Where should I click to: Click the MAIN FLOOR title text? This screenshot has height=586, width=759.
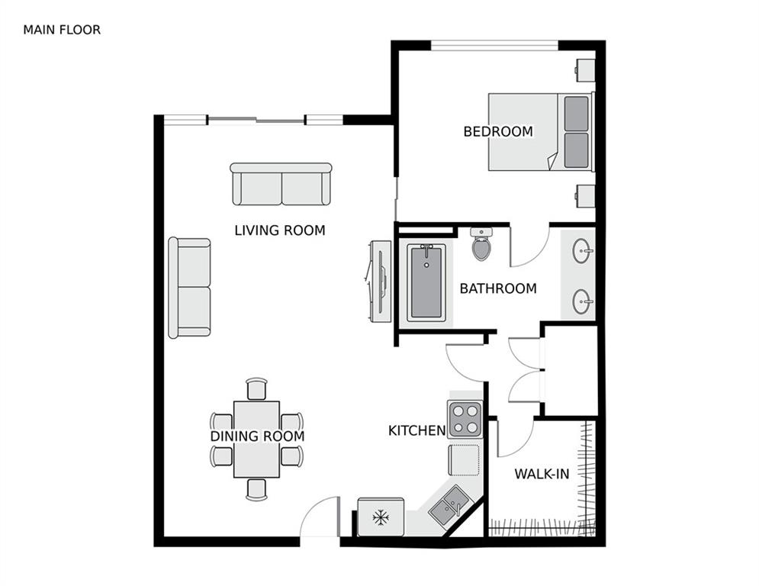(x=62, y=30)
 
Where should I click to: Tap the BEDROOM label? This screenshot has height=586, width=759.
(x=498, y=131)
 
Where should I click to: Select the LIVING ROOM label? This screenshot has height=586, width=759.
(x=279, y=230)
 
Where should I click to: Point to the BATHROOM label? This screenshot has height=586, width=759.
(x=497, y=288)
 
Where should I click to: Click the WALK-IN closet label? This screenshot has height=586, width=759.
(x=542, y=474)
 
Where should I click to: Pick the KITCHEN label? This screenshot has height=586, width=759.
(x=416, y=430)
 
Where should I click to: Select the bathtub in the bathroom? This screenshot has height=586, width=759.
(x=426, y=282)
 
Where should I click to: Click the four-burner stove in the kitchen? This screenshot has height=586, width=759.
(x=465, y=419)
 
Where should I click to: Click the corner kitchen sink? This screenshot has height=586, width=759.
(x=450, y=506)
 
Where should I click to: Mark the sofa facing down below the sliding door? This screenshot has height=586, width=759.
(x=281, y=184)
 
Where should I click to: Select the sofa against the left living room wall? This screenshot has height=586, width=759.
(x=189, y=287)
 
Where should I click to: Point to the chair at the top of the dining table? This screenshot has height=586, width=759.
(x=257, y=388)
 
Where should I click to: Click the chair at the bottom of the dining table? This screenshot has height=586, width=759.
(x=257, y=489)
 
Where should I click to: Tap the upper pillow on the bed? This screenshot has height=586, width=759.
(x=577, y=113)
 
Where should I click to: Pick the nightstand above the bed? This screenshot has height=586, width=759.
(x=585, y=69)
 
